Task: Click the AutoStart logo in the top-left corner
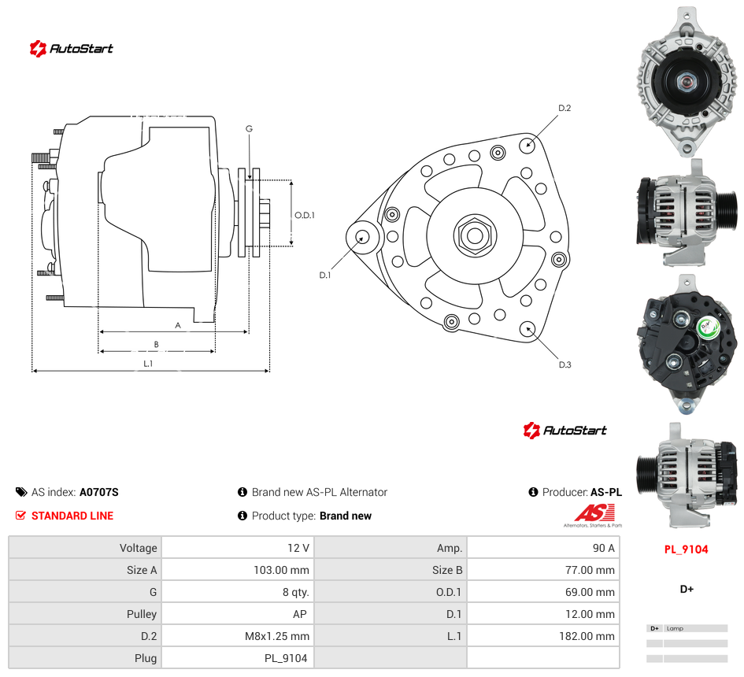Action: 71,48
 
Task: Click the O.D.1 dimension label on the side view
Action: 305,216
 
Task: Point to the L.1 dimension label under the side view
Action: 148,364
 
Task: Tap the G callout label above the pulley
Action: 249,128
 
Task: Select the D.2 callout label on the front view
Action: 564,108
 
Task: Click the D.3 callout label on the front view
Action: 564,364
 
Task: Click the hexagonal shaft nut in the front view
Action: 475,235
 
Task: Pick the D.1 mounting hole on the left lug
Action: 362,237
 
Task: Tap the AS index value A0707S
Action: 99,493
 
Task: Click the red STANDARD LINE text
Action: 72,516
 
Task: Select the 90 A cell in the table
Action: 604,548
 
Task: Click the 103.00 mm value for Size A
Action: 281,570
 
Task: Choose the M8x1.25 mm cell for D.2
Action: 277,636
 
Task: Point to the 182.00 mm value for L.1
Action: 587,636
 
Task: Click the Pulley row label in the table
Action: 142,614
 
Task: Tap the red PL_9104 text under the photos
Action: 686,549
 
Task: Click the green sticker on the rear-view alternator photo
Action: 706,327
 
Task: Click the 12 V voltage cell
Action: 298,548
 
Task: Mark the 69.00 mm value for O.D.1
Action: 590,592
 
